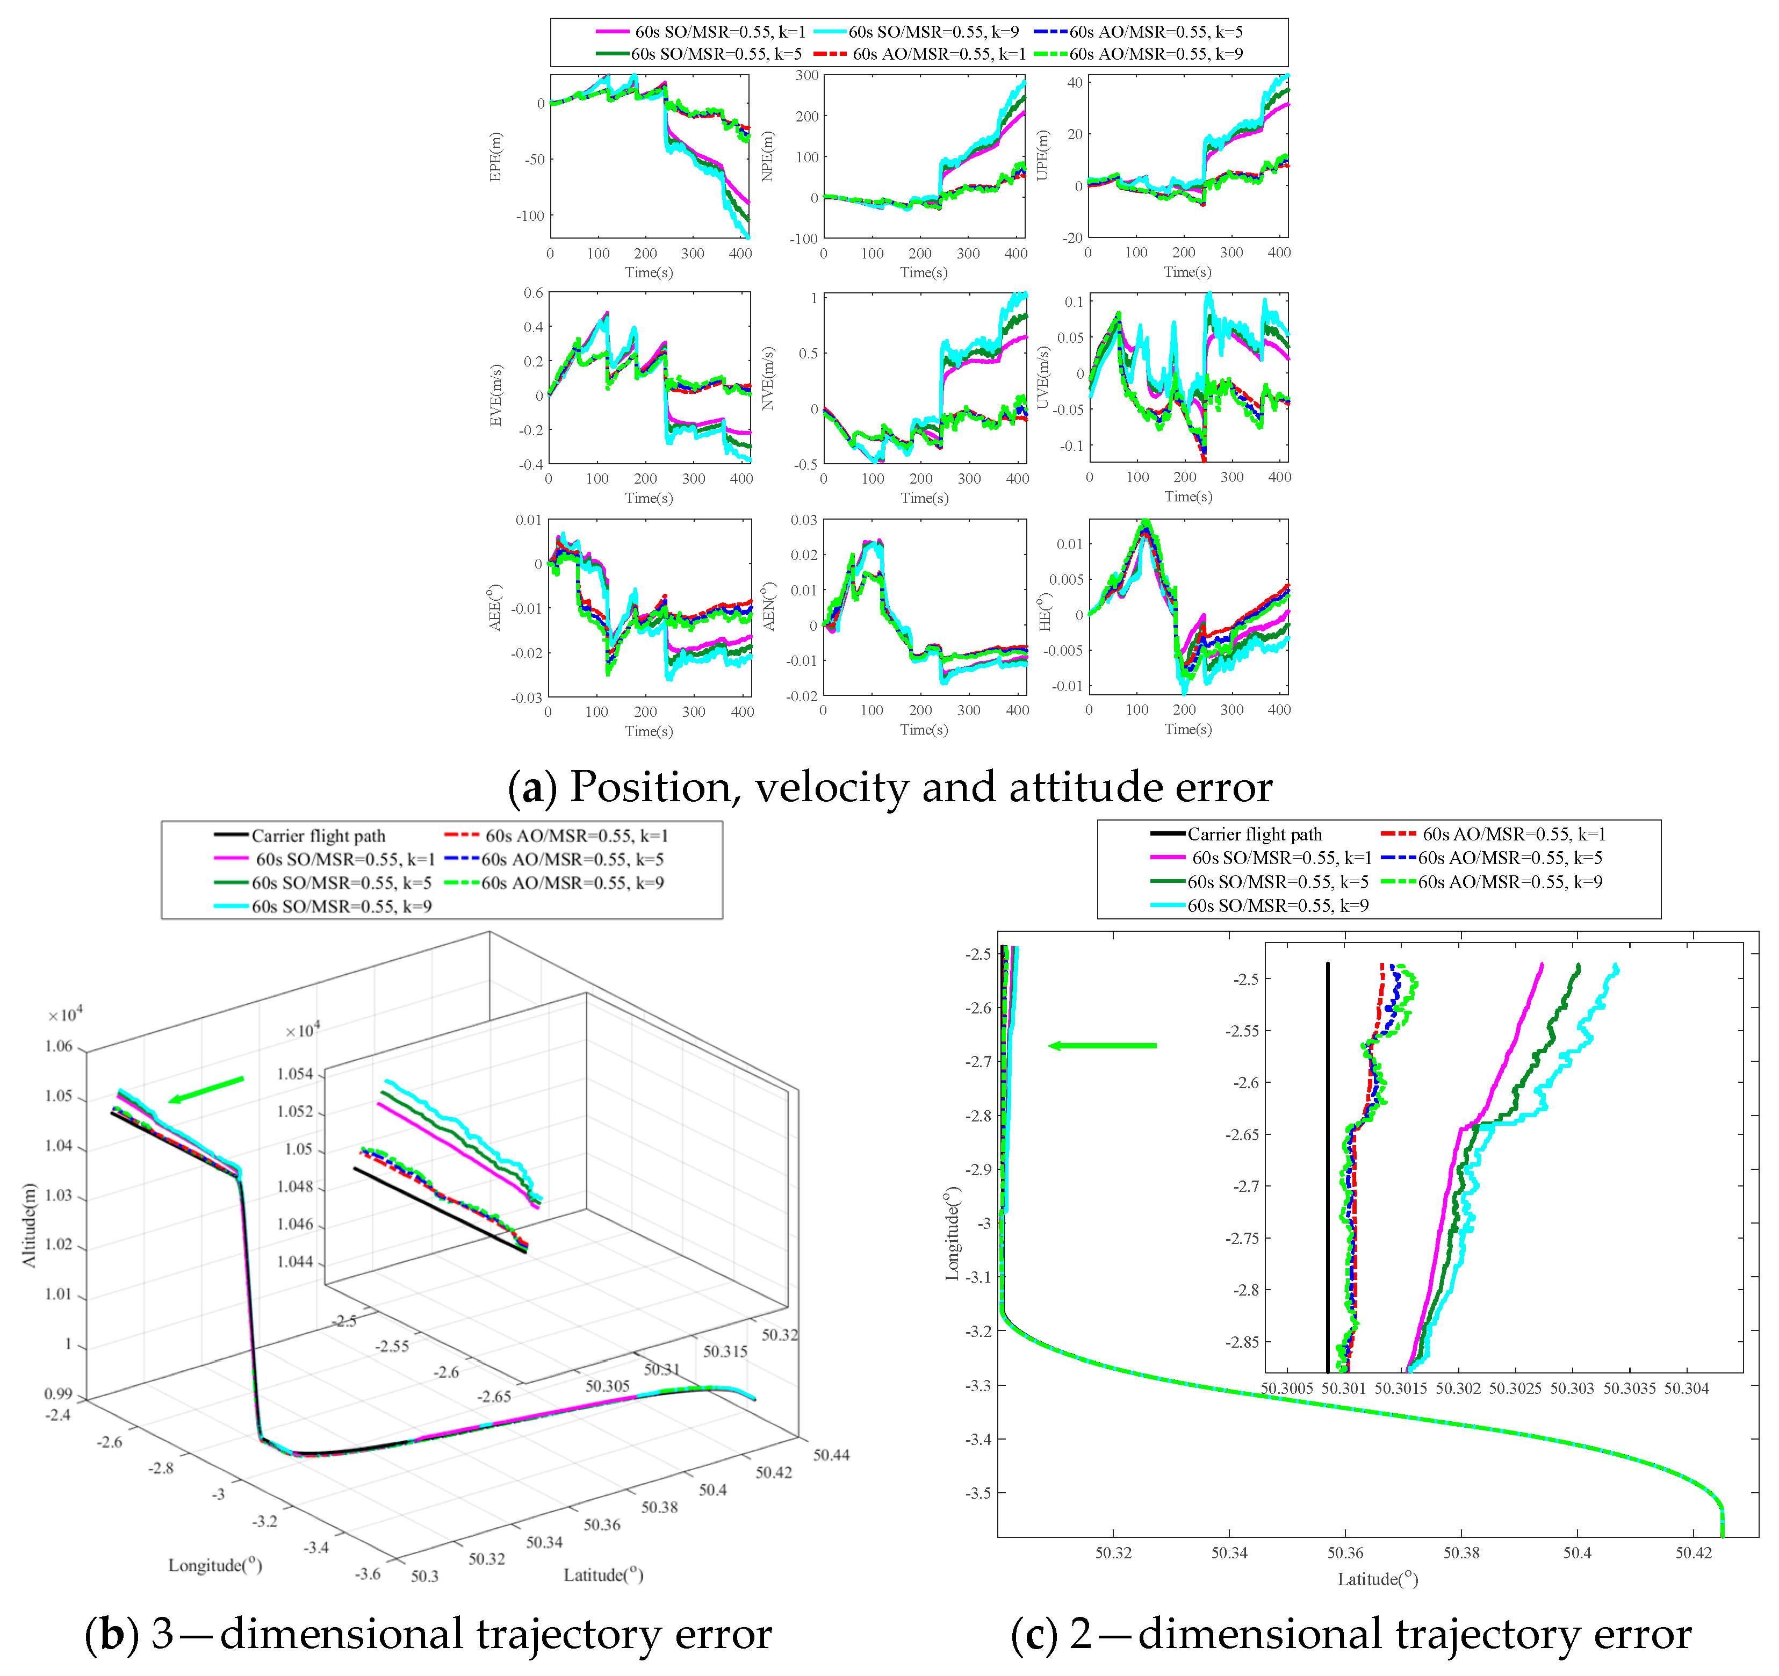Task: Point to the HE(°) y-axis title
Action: tap(1045, 611)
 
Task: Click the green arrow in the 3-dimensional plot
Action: tap(206, 1090)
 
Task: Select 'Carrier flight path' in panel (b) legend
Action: tap(318, 836)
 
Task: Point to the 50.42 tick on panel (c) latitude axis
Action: tap(1693, 1552)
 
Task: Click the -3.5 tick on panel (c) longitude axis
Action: tap(978, 1493)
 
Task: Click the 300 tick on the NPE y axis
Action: tap(807, 75)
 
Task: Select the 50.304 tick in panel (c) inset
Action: tap(1686, 1389)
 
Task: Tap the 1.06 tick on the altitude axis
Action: tap(59, 1046)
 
